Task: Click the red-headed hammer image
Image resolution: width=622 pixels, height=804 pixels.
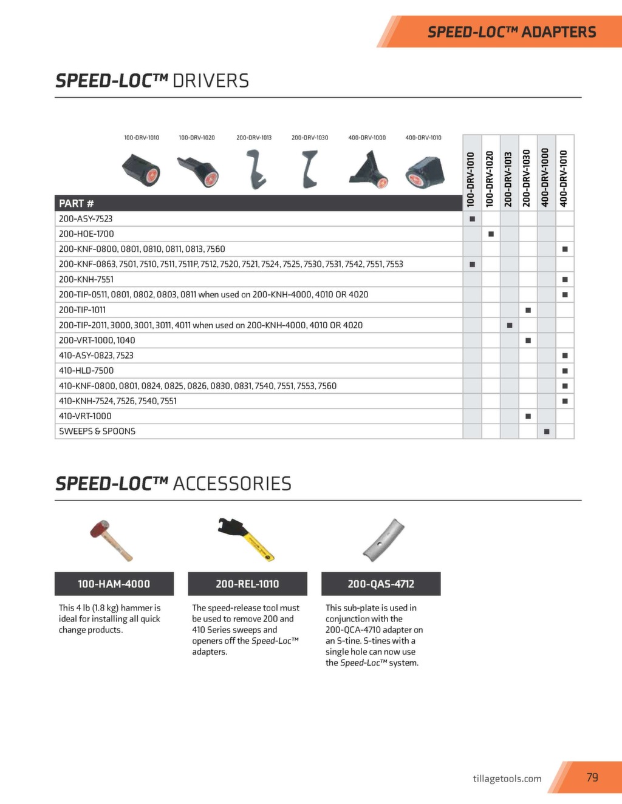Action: coord(110,539)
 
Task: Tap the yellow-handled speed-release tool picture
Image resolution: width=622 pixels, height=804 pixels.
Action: coord(246,538)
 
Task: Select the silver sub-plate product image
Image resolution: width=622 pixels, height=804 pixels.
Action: coord(383,539)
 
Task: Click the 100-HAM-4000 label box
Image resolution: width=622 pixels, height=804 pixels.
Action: coord(114,584)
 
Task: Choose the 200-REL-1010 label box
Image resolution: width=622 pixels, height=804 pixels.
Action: coord(247,584)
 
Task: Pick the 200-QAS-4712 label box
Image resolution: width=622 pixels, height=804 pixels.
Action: coord(381,584)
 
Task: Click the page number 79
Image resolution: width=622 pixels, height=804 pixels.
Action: coord(592,777)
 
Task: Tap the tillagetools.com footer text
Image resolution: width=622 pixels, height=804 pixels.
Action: coord(507,779)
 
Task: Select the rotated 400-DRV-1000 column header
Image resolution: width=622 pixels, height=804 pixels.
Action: coord(546,178)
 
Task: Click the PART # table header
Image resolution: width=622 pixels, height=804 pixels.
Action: coord(77,203)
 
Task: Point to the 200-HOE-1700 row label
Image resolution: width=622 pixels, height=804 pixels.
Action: coord(86,234)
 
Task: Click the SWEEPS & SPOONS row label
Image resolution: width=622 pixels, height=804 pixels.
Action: coord(97,431)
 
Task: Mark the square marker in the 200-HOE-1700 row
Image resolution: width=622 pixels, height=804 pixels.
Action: coord(491,234)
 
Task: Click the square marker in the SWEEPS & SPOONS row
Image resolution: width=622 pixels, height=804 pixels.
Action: coord(547,431)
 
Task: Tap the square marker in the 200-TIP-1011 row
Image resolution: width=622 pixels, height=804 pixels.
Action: coord(528,310)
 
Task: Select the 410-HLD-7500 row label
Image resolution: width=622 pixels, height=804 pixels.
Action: coord(86,370)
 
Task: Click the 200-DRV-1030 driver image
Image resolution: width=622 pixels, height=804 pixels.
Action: coord(311,170)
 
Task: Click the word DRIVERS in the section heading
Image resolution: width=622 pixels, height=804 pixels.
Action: coord(211,81)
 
